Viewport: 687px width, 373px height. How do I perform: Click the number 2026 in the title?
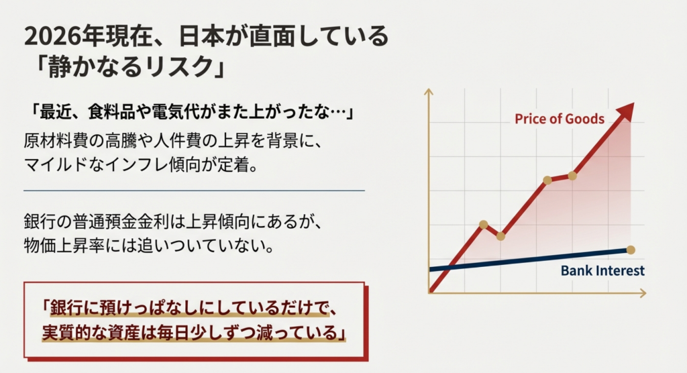[x=53, y=36]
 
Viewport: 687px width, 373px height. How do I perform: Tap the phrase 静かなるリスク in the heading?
[x=130, y=68]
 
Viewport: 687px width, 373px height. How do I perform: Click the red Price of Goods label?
[x=560, y=119]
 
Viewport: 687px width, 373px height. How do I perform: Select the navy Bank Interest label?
[x=602, y=270]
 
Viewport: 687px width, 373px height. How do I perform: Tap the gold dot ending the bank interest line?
[x=631, y=250]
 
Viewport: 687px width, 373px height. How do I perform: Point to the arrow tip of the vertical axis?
[x=429, y=89]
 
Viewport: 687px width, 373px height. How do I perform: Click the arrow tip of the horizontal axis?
[x=645, y=293]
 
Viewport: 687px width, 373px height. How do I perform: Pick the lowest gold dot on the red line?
[x=500, y=236]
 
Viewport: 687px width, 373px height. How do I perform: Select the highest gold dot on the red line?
[x=572, y=176]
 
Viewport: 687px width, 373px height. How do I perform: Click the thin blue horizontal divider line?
[x=194, y=191]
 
